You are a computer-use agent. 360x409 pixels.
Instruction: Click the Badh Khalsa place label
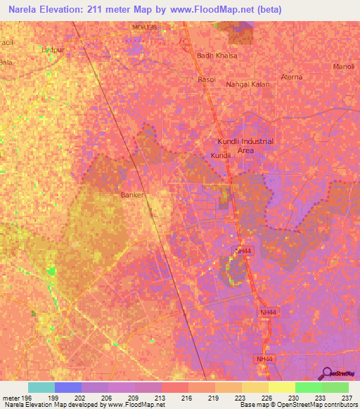tap(217, 55)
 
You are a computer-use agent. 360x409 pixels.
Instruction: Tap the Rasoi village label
tap(206, 80)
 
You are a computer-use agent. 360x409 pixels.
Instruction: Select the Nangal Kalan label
tap(247, 84)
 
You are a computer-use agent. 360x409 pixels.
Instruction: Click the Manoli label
tap(344, 67)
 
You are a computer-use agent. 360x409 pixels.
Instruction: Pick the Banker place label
tap(133, 195)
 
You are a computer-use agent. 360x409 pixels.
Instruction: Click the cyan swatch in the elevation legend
tap(41, 387)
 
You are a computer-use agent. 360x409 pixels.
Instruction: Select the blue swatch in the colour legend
tap(68, 387)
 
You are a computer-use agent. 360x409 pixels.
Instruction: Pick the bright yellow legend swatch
tap(281, 387)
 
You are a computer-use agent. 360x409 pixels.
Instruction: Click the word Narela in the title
tap(25, 10)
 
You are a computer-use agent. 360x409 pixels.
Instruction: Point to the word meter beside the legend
tap(11, 397)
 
